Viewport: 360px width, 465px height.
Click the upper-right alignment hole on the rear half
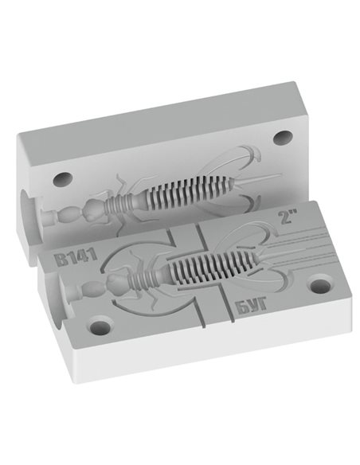coord(283,138)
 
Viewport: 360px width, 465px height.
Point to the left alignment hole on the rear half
coord(63,179)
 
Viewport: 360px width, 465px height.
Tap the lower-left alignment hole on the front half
coord(100,326)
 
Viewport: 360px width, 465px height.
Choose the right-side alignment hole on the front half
coord(319,285)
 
